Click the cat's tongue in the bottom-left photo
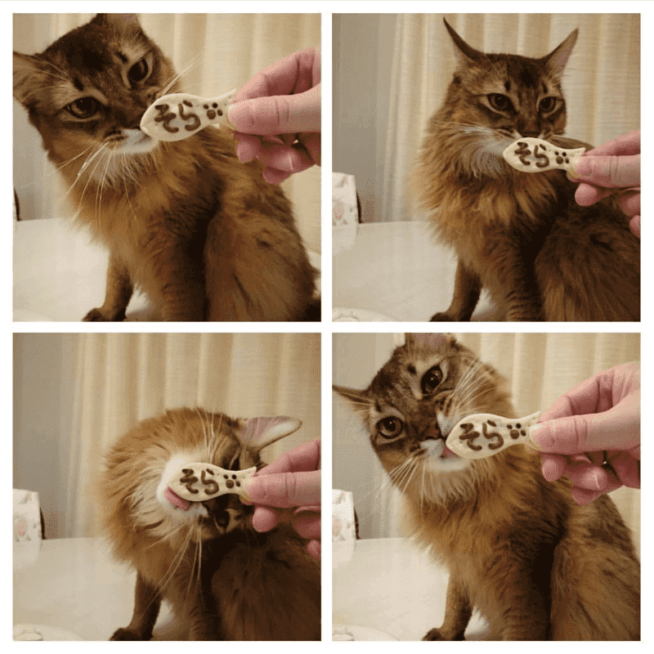coord(176,498)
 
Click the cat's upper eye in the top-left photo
coord(139,70)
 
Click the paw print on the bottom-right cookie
coord(517,432)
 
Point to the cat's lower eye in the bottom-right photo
coord(390,426)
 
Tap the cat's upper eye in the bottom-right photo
coord(432,378)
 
